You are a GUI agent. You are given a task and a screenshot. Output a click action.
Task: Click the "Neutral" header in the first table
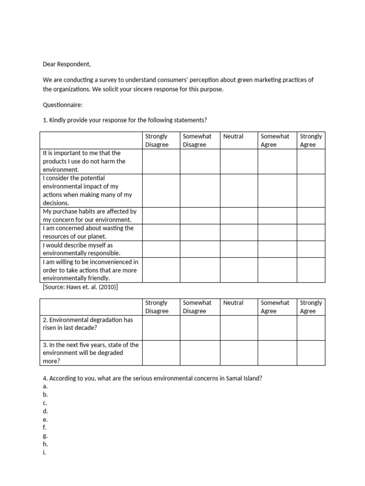click(x=233, y=137)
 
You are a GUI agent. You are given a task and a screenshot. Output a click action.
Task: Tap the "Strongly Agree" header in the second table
click(x=311, y=307)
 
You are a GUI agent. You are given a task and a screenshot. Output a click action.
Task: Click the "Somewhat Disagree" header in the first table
click(x=197, y=140)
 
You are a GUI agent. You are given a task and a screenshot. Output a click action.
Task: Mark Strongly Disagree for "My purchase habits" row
click(x=161, y=215)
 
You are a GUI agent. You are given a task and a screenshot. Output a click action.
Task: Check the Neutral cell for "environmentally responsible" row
click(x=239, y=249)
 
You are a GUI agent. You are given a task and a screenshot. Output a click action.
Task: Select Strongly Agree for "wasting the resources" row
click(x=311, y=232)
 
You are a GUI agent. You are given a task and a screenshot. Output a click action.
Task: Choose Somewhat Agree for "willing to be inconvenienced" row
click(x=278, y=270)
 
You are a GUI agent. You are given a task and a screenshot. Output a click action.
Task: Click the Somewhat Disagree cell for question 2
click(x=200, y=328)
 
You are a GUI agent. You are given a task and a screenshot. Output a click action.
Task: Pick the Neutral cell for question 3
click(x=239, y=353)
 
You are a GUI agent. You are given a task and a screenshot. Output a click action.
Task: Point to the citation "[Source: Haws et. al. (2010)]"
click(x=80, y=287)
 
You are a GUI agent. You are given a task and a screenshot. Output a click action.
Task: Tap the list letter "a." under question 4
click(x=45, y=386)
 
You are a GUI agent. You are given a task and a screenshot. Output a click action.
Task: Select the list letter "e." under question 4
click(x=45, y=420)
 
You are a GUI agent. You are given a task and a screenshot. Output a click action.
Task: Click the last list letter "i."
click(x=44, y=452)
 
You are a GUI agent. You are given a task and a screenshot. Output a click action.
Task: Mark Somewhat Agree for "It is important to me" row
click(x=278, y=161)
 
